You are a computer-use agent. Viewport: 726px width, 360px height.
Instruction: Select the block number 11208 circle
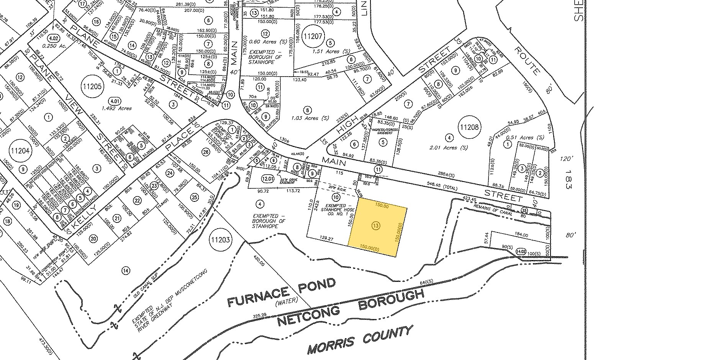[470, 127]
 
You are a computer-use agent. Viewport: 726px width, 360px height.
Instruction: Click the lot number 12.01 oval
[267, 178]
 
